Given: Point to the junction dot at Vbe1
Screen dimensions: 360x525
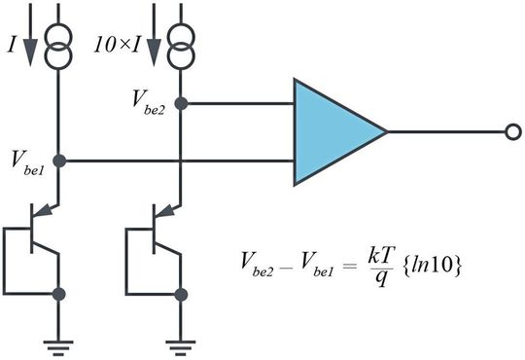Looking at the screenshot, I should pos(58,160).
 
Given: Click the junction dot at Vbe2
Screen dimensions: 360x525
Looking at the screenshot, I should pos(182,102).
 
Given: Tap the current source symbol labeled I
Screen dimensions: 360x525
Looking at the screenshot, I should pos(58,48).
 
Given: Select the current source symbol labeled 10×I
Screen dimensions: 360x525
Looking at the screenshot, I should pos(182,48).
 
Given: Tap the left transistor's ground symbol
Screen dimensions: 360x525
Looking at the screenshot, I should pos(58,342).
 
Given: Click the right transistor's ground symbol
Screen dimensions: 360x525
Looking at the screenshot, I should pos(182,342).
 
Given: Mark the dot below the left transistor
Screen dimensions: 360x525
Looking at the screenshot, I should pos(58,293).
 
